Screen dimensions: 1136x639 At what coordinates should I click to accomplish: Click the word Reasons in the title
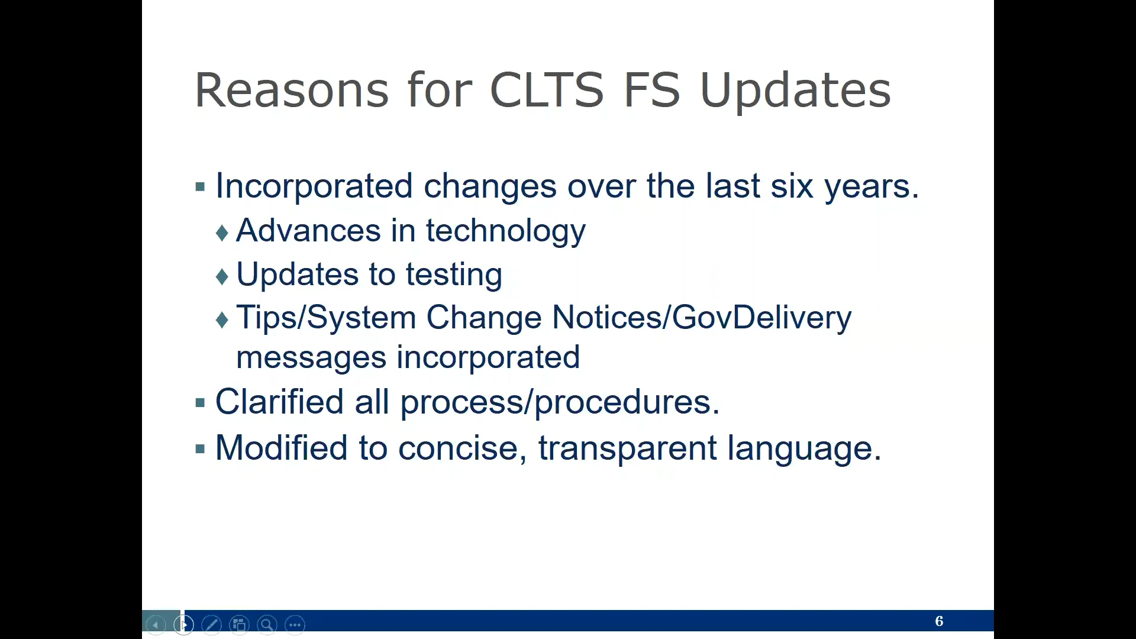point(292,90)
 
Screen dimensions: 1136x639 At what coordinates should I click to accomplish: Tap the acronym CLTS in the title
point(547,90)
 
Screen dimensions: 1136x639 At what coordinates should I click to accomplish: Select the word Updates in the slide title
point(795,92)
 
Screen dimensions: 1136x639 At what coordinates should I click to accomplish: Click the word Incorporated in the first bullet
point(314,186)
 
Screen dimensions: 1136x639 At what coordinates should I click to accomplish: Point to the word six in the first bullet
point(792,186)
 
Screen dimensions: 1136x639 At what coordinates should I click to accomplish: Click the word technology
point(506,231)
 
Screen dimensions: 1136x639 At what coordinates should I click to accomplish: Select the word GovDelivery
point(761,318)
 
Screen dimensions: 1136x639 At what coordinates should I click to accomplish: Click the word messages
point(311,359)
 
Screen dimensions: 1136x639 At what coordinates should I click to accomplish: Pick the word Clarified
point(279,402)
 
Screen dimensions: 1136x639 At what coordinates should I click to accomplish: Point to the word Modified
point(281,448)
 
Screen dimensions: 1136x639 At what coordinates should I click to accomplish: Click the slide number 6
point(939,621)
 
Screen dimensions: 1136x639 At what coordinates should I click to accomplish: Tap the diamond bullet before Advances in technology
point(222,233)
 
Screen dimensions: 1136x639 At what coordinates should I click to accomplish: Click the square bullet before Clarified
point(200,404)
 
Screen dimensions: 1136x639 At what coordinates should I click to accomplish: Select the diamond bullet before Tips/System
point(222,320)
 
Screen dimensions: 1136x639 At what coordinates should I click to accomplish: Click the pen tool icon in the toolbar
point(211,625)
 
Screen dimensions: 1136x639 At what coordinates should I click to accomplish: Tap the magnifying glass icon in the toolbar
point(267,625)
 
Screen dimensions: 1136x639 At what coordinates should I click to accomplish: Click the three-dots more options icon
point(295,625)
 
